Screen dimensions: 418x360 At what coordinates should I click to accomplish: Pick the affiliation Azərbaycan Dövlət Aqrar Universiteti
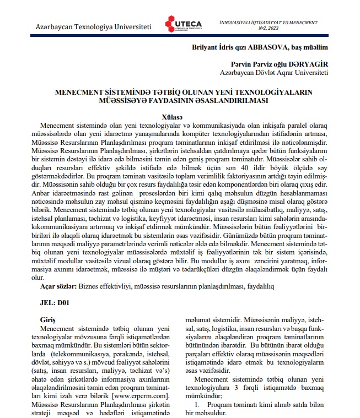[273, 72]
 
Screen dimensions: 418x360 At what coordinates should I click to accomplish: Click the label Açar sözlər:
[58, 287]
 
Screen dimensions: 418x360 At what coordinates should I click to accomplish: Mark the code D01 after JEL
[65, 302]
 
